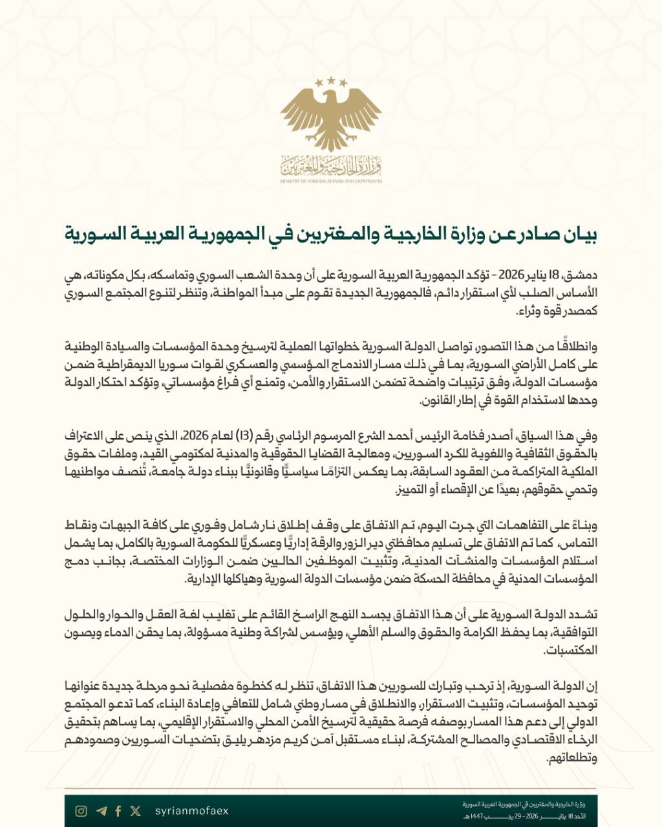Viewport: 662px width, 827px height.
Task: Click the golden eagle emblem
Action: [x=331, y=120]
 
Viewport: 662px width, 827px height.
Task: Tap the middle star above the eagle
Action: [x=331, y=80]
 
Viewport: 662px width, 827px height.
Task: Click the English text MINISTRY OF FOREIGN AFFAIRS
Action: [x=331, y=182]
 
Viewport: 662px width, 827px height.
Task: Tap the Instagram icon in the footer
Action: [x=81, y=811]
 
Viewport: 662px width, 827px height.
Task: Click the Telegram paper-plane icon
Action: [x=101, y=811]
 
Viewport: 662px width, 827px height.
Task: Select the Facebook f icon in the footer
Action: [x=118, y=811]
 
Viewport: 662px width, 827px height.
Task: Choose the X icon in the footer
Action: [x=135, y=811]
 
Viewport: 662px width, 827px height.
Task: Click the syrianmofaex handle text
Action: [x=192, y=811]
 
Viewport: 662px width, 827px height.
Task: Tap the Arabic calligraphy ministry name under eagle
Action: [x=331, y=167]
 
